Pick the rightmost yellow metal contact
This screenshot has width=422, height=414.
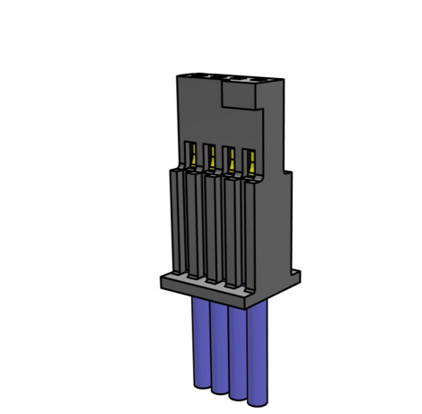click(x=251, y=164)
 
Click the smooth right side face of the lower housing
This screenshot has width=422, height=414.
click(x=276, y=225)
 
